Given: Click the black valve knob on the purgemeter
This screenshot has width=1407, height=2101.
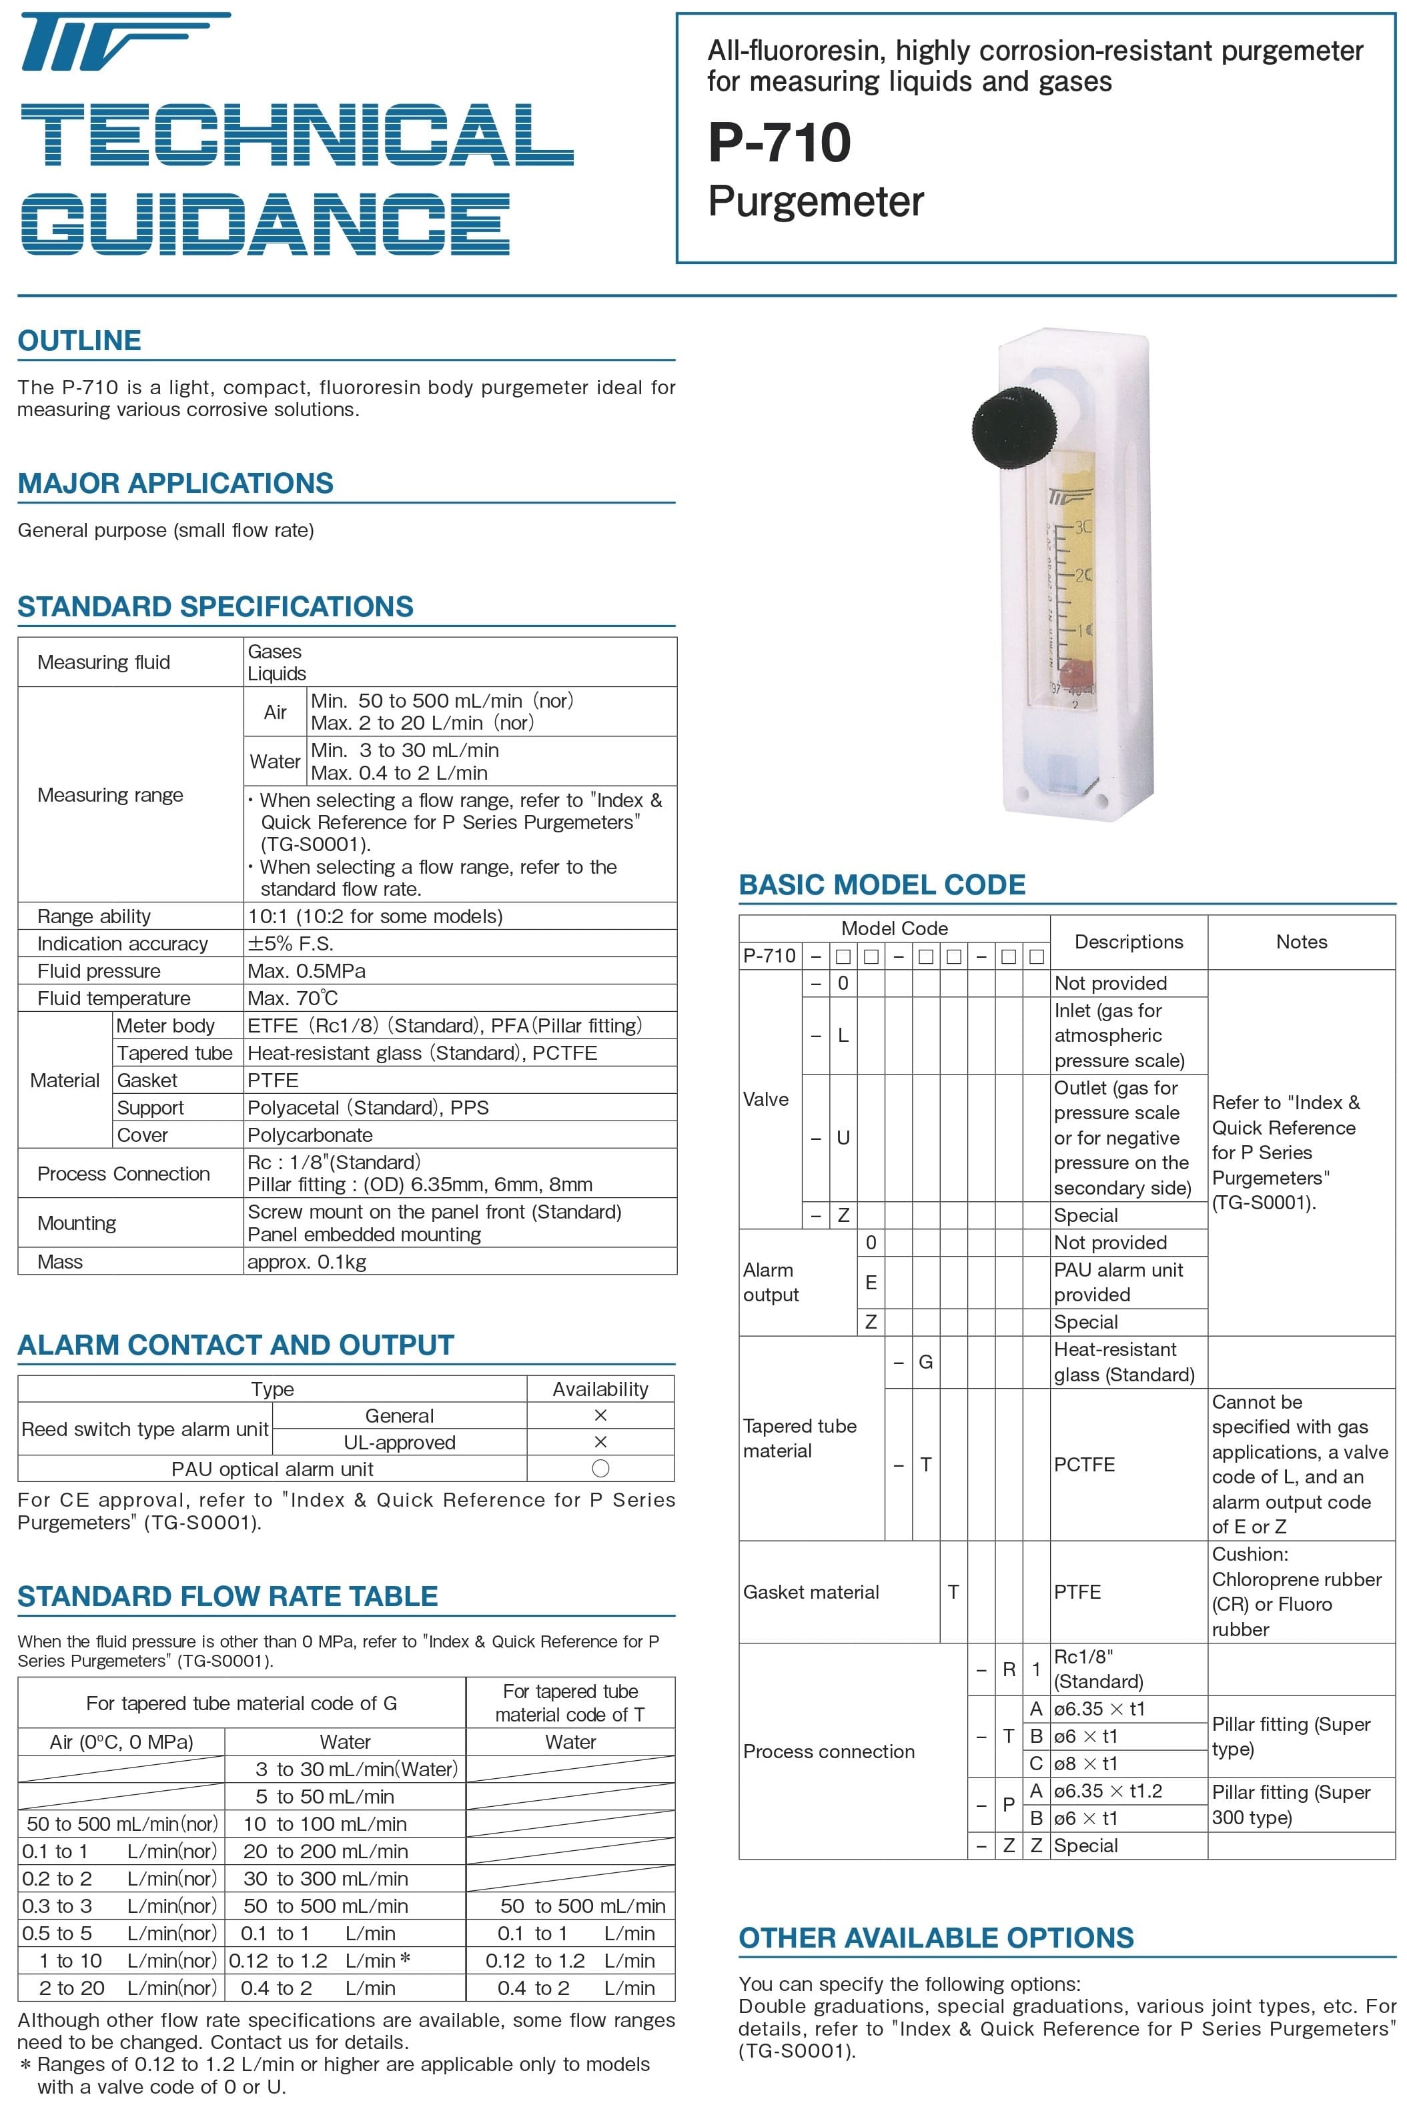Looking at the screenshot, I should coord(1007,428).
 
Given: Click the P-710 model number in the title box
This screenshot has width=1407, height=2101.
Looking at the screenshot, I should coord(779,143).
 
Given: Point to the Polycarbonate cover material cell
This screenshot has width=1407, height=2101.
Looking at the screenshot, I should coord(310,1135).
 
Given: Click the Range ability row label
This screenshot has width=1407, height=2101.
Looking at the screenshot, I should coord(94,916).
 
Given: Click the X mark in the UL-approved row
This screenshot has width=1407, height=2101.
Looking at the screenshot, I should coord(600,1441).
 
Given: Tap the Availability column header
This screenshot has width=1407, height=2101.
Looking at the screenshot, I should coord(600,1389).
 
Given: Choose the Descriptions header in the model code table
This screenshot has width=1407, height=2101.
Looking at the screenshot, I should coord(1129,942).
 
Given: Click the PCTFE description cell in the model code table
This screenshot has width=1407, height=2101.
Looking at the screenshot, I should coord(1084,1464).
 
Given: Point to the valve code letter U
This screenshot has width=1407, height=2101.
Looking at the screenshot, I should coord(843,1137).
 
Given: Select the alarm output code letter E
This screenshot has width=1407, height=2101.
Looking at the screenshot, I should coord(871,1283).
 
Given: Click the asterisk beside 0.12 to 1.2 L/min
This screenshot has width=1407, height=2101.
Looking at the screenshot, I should coord(405,1959).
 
